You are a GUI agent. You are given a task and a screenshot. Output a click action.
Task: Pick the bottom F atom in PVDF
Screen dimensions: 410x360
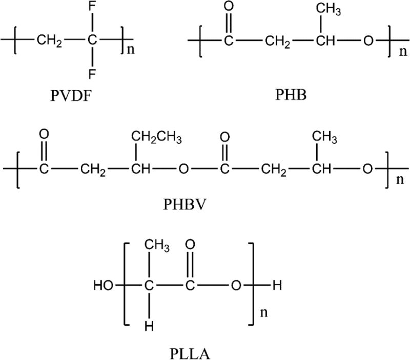pyautogui.click(x=92, y=74)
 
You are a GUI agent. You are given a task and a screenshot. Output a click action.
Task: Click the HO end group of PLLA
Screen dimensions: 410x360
pyautogui.click(x=104, y=286)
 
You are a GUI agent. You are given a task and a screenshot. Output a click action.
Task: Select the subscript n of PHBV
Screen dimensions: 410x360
pyautogui.click(x=394, y=181)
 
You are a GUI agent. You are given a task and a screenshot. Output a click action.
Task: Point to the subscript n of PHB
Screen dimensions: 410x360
pyautogui.click(x=396, y=52)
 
